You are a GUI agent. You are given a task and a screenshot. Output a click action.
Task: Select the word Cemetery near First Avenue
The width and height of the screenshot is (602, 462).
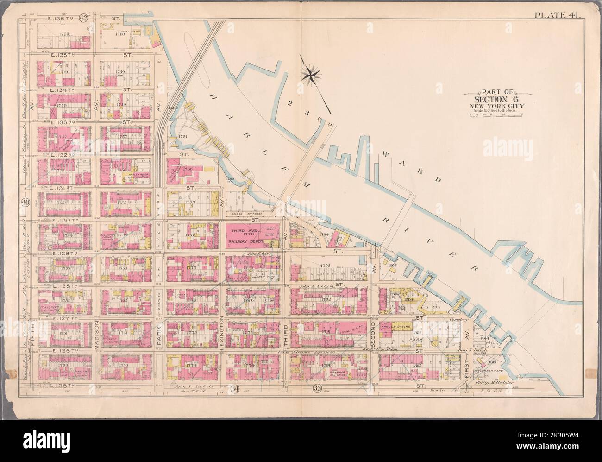pyautogui.click(x=460, y=319)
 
